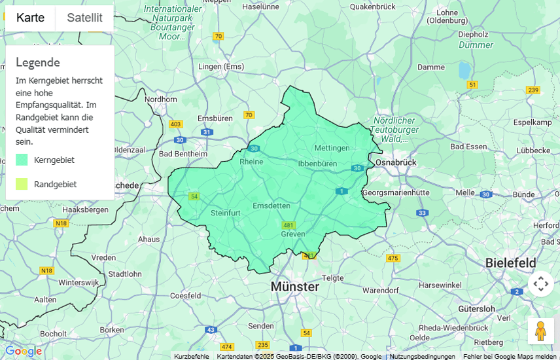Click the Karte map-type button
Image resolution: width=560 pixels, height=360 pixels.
[31, 18]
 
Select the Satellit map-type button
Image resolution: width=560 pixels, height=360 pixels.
[84, 18]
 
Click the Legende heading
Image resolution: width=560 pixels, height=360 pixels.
[38, 62]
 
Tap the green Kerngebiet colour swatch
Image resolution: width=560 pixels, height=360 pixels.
[22, 160]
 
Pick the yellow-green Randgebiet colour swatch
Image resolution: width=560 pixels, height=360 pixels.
[22, 184]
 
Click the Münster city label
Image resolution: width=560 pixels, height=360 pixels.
[294, 287]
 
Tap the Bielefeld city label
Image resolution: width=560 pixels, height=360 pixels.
[510, 262]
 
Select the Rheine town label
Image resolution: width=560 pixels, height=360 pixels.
[251, 162]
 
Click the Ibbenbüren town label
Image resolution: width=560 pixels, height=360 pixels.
[317, 163]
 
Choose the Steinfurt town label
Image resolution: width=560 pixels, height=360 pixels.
[226, 213]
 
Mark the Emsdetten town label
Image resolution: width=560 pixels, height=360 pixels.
[271, 206]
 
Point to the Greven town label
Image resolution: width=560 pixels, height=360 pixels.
[293, 234]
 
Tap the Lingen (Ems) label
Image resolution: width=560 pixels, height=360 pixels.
[220, 66]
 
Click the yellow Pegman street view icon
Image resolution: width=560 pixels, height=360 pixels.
[540, 331]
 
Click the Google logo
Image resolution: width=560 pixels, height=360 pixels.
[23, 351]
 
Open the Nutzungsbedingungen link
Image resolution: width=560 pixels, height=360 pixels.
[422, 356]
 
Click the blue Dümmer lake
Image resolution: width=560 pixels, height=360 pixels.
[464, 69]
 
